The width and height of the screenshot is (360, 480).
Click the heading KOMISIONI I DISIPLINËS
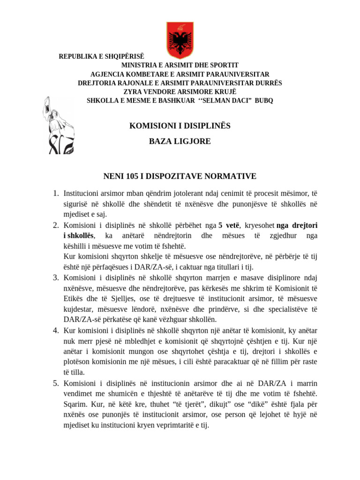click(180, 126)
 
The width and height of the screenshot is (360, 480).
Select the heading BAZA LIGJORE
click(180, 141)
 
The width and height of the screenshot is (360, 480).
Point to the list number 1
click(55, 194)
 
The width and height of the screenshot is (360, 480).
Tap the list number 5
click(55, 383)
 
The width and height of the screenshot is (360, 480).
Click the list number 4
click(55, 330)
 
